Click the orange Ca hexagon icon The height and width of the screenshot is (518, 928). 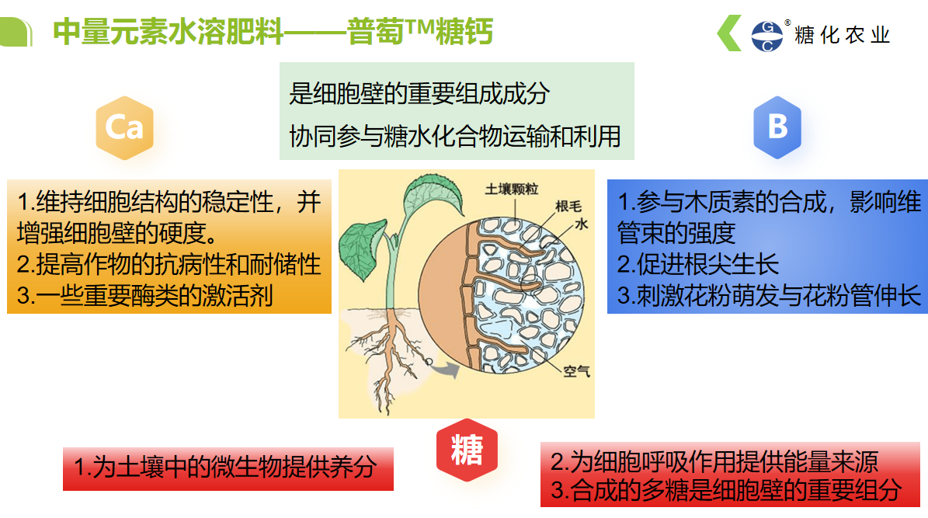pyautogui.click(x=124, y=127)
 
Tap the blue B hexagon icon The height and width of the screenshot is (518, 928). pyautogui.click(x=777, y=127)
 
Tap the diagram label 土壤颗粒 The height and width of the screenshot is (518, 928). pyautogui.click(x=512, y=189)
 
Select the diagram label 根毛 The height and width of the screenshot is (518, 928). pyautogui.click(x=568, y=207)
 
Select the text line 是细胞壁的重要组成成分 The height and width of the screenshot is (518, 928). pyautogui.click(x=419, y=94)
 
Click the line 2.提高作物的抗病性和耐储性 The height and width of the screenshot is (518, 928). pyautogui.click(x=169, y=265)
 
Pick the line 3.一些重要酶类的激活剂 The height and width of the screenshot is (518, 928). pyautogui.click(x=145, y=295)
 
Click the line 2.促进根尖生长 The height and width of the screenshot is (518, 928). pyautogui.click(x=698, y=265)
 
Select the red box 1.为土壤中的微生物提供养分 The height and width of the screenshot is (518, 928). pyautogui.click(x=227, y=468)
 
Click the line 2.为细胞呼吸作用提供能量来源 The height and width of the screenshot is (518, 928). pyautogui.click(x=714, y=462)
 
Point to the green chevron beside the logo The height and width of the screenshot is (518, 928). pyautogui.click(x=729, y=35)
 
